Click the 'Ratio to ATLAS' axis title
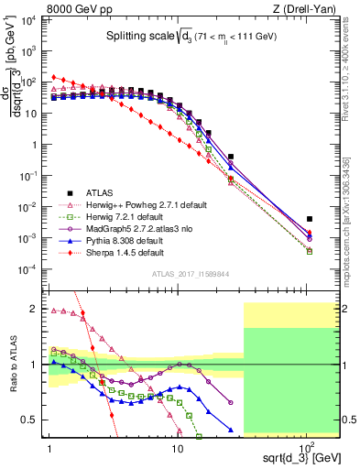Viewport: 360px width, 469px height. [x=12, y=364]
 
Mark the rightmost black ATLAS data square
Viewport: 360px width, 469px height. [x=310, y=219]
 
